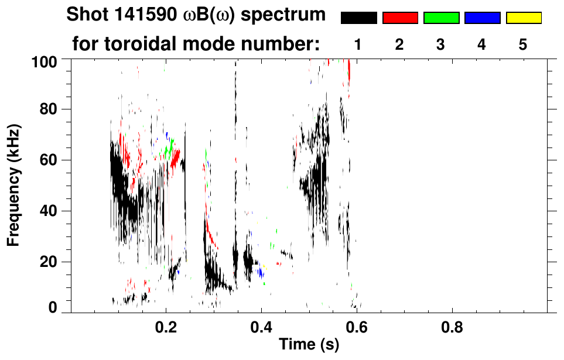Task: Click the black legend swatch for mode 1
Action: pyautogui.click(x=358, y=18)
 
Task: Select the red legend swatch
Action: pyautogui.click(x=400, y=18)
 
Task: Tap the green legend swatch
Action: pyautogui.click(x=441, y=18)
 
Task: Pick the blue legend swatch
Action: pyautogui.click(x=482, y=18)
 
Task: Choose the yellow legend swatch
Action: pyautogui.click(x=523, y=18)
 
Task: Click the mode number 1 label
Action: pyautogui.click(x=358, y=44)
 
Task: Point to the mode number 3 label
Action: pyautogui.click(x=441, y=44)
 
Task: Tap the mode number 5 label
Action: pyautogui.click(x=523, y=44)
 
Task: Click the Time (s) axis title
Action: pyautogui.click(x=308, y=345)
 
